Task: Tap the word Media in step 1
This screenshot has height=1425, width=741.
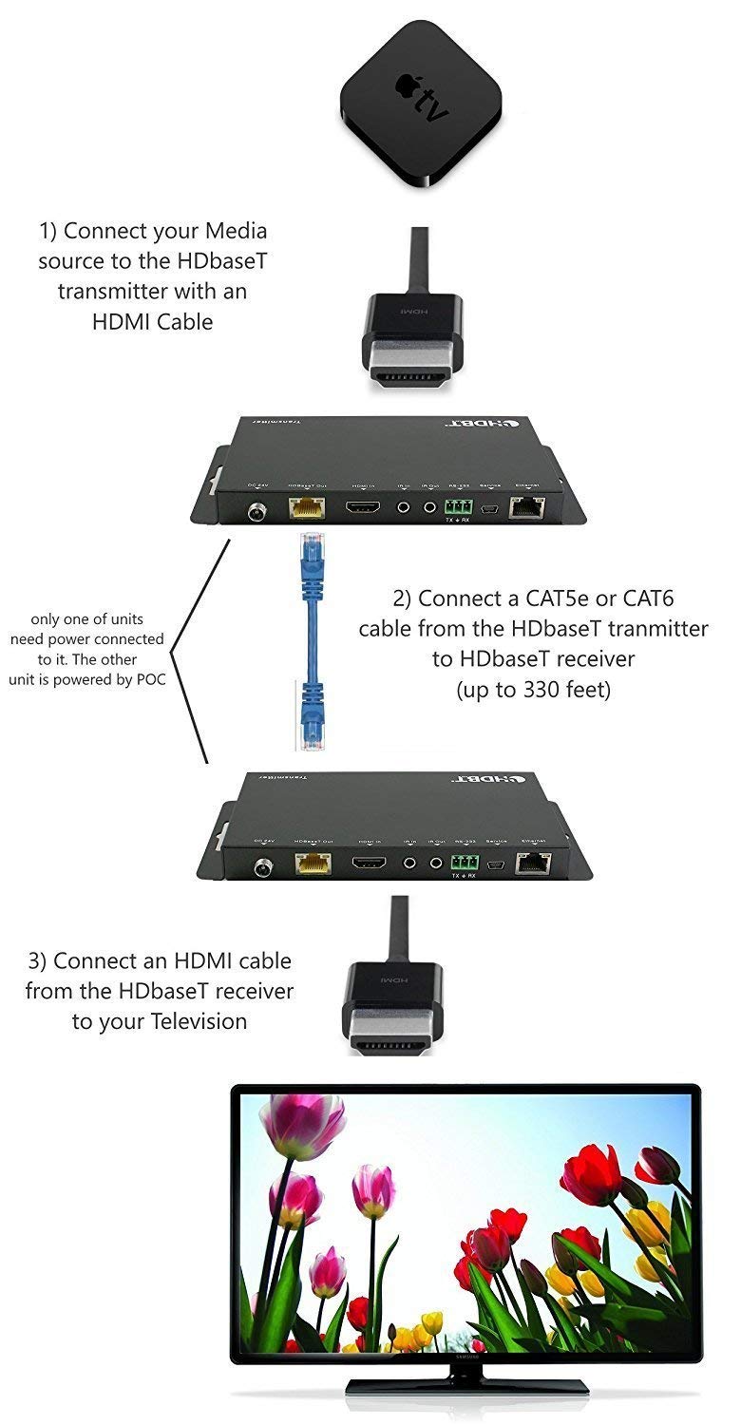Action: pos(232,231)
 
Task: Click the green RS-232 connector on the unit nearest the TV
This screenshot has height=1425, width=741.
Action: pos(463,863)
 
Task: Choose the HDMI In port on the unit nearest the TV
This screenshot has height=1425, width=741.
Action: pos(369,864)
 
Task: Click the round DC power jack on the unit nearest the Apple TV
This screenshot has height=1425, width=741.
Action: pos(256,512)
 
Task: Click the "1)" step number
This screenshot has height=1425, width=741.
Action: pos(48,231)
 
